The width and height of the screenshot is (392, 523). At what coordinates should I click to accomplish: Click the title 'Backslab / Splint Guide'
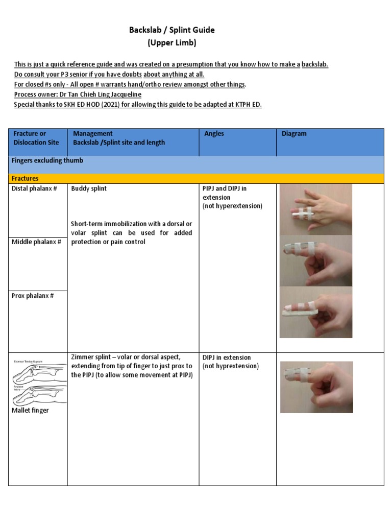pyautogui.click(x=172, y=30)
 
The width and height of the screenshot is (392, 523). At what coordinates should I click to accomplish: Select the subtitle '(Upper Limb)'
pyautogui.click(x=172, y=43)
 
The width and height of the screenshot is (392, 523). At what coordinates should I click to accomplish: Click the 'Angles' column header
pyautogui.click(x=214, y=134)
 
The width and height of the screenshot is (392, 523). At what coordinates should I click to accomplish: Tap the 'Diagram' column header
pyautogui.click(x=294, y=134)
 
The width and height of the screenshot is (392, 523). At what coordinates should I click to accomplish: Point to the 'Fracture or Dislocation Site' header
pyautogui.click(x=36, y=138)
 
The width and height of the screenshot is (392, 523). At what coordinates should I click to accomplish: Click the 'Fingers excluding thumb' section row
pyautogui.click(x=47, y=160)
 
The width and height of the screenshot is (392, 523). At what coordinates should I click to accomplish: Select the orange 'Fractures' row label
pyautogui.click(x=26, y=178)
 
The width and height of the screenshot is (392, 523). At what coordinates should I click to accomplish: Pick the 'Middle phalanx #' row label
pyautogui.click(x=36, y=242)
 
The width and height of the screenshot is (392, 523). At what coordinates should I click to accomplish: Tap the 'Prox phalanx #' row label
pyautogui.click(x=33, y=296)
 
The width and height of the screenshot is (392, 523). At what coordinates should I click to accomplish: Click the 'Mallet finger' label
pyautogui.click(x=30, y=410)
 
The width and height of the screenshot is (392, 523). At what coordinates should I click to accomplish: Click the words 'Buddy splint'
pyautogui.click(x=89, y=188)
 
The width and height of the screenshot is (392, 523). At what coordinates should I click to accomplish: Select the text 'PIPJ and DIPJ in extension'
pyautogui.click(x=225, y=193)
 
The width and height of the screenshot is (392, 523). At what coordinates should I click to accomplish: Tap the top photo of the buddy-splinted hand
pyautogui.click(x=315, y=209)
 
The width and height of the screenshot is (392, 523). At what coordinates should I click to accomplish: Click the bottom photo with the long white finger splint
pyautogui.click(x=315, y=312)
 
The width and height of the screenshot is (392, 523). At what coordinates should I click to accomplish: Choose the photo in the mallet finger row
pyautogui.click(x=316, y=387)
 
